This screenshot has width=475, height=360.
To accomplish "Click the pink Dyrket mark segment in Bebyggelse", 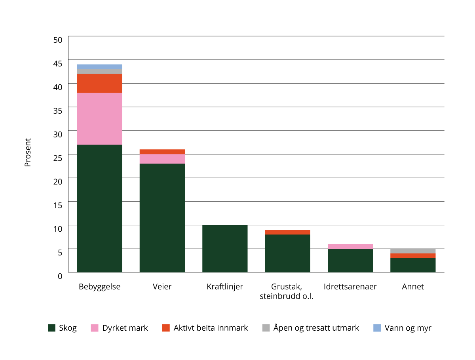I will point(99,119).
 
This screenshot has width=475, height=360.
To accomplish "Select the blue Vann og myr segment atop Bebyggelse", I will point(99,67).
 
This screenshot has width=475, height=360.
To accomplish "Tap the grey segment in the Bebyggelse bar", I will point(99,71).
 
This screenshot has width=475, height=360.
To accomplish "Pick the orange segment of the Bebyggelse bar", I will point(99,83).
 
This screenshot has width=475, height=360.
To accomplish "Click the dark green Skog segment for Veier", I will point(162,218).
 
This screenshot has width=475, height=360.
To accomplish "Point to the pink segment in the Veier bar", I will point(162,159).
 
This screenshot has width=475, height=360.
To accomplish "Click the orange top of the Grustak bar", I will point(287,232).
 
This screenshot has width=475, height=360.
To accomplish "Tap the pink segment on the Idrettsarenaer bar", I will point(350,246).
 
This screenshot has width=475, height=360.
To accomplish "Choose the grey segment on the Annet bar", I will point(413,251).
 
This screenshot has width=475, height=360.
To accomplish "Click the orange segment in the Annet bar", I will point(413,256).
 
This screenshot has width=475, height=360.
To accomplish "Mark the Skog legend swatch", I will point(51,328).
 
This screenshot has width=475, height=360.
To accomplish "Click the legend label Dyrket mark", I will point(125,328).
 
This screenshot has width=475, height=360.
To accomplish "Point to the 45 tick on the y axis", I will point(58,63).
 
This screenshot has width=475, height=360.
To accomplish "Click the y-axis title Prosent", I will point(28,152).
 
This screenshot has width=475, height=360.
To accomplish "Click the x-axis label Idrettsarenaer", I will point(350,287).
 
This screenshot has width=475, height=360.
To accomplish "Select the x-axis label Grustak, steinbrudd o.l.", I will point(287,291).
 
